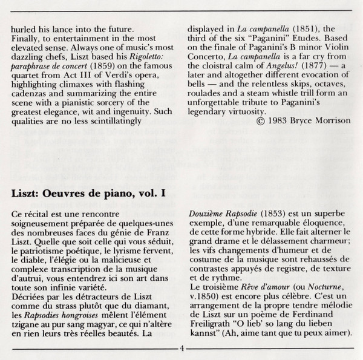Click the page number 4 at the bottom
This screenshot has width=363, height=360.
tap(181, 349)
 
